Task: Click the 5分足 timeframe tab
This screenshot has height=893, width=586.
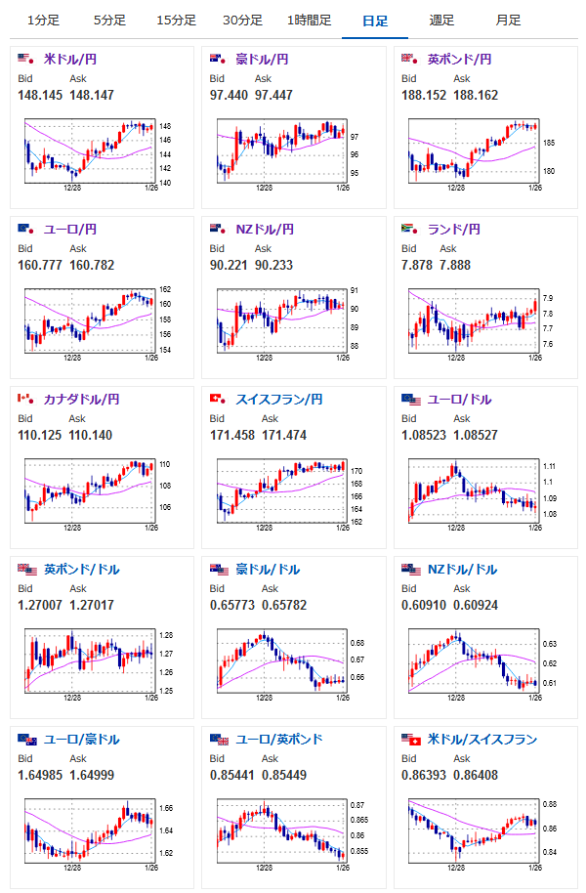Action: click(109, 20)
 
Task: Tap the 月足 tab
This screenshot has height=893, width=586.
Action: click(508, 20)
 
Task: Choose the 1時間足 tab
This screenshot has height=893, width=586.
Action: click(310, 20)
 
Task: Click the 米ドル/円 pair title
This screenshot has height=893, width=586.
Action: click(70, 60)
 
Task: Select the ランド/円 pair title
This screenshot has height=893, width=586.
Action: click(455, 230)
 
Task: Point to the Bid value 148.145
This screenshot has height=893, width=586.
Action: click(40, 95)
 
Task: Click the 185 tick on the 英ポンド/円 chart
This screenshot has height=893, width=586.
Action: click(548, 144)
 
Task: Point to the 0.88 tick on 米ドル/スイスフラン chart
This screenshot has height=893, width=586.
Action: click(550, 804)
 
